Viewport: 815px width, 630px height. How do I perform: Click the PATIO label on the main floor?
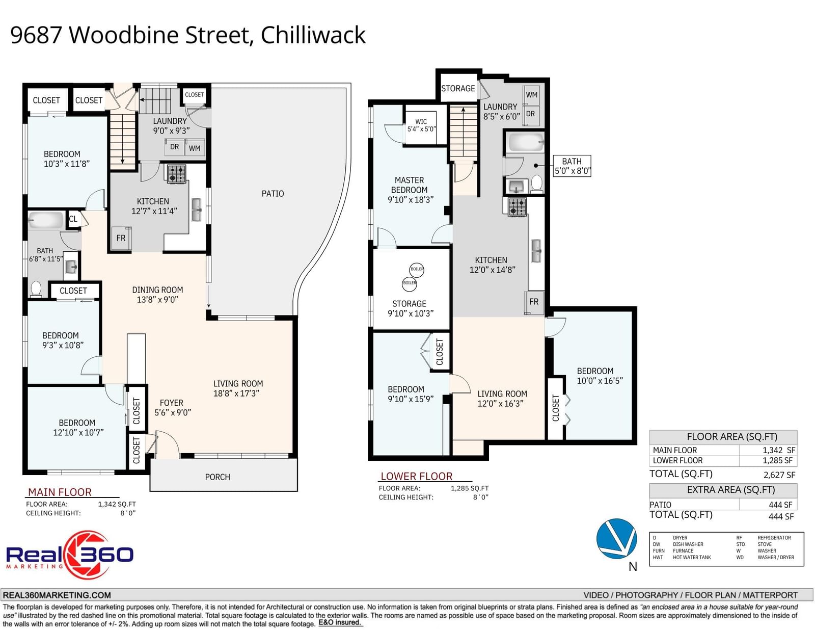pyautogui.click(x=273, y=194)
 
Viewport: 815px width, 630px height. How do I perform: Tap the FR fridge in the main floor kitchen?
pyautogui.click(x=121, y=238)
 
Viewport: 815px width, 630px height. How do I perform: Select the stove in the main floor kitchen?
pyautogui.click(x=176, y=174)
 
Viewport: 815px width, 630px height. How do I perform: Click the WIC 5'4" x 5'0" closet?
pyautogui.click(x=421, y=127)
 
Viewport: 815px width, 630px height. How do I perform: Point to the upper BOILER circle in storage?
pyautogui.click(x=417, y=269)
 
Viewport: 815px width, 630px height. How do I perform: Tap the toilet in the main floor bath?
pyautogui.click(x=36, y=290)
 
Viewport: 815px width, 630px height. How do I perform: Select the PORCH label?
pyautogui.click(x=218, y=477)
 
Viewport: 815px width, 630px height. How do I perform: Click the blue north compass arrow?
pyautogui.click(x=616, y=539)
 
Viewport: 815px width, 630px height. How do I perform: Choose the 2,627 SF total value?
pyautogui.click(x=779, y=475)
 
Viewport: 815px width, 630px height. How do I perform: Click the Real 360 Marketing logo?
pyautogui.click(x=70, y=555)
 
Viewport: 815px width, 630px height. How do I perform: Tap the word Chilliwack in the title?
pyautogui.click(x=313, y=35)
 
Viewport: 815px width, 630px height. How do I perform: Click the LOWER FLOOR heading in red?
pyautogui.click(x=416, y=476)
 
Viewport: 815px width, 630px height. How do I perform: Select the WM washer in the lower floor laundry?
pyautogui.click(x=532, y=95)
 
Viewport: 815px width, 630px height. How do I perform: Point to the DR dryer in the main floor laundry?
pyautogui.click(x=174, y=147)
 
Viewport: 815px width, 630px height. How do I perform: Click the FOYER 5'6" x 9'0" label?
pyautogui.click(x=173, y=407)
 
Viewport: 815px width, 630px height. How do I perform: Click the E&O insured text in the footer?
pyautogui.click(x=340, y=622)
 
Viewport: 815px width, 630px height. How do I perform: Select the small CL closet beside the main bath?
pyautogui.click(x=73, y=219)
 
